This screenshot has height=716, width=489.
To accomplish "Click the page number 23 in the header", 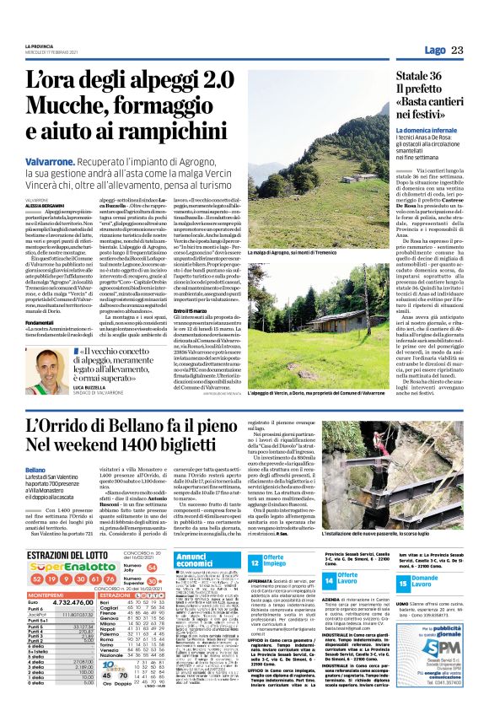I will [458, 50].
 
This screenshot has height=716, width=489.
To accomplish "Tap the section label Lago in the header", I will [435, 50].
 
